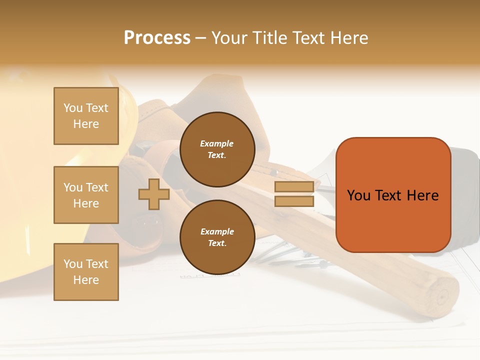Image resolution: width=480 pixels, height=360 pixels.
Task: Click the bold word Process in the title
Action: tap(157, 38)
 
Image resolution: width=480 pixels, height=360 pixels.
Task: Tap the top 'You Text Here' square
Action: tap(86, 116)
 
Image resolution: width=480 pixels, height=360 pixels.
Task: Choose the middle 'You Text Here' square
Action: tap(86, 195)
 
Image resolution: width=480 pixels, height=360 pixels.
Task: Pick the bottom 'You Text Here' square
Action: tap(86, 272)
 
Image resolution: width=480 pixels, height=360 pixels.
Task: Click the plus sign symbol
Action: tap(154, 194)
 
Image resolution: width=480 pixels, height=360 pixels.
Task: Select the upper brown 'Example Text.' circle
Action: tap(217, 149)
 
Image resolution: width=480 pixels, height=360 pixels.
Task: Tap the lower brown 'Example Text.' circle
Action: tap(217, 237)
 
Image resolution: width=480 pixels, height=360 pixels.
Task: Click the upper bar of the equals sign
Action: tap(294, 187)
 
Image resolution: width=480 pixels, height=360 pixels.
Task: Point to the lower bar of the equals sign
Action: tap(294, 201)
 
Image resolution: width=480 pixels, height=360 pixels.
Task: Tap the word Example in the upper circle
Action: tap(217, 143)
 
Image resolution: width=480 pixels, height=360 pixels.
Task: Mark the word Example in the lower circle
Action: tap(217, 231)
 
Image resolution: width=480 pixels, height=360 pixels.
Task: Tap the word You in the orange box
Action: tap(358, 195)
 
